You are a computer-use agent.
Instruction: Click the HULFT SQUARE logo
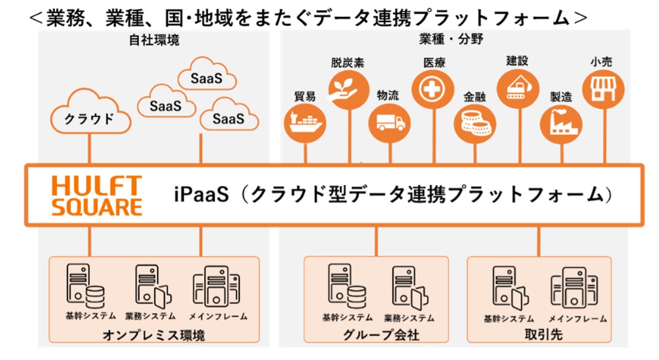[x=97, y=196]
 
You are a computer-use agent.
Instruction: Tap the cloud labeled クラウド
[x=90, y=112]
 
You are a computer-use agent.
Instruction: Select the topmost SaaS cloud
[x=207, y=74]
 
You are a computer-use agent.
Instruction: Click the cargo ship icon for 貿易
[x=305, y=123]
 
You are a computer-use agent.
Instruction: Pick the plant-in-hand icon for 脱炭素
[x=348, y=90]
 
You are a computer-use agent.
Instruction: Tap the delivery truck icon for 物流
[x=389, y=123]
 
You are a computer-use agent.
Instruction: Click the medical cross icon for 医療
[x=433, y=89]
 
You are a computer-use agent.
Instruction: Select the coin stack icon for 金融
[x=475, y=124]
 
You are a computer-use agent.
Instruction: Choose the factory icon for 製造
[x=561, y=124]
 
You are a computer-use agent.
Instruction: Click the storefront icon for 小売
[x=603, y=89]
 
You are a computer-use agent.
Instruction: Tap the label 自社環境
[x=154, y=40]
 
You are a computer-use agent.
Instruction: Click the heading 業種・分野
[x=451, y=39]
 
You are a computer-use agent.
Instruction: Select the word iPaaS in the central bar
[x=202, y=194]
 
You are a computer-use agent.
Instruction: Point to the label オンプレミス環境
[x=154, y=335]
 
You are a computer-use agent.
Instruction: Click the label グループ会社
[x=381, y=334]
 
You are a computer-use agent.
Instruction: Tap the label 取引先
[x=543, y=334]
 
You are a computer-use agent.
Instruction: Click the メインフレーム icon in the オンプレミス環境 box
[x=216, y=286]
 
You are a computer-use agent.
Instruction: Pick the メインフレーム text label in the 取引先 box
[x=578, y=319]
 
